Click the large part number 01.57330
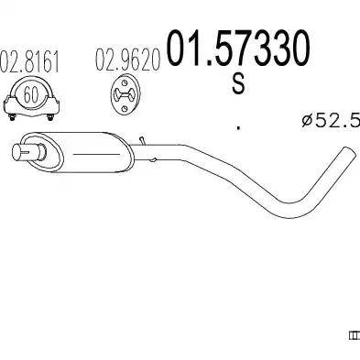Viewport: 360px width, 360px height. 237,49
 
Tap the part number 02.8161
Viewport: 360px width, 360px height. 29,61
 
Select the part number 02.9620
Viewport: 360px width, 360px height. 128,60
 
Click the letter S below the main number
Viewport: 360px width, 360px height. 238,84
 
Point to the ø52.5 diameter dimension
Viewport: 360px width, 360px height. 331,120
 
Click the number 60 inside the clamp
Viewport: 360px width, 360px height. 31,94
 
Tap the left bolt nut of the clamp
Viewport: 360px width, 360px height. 12,117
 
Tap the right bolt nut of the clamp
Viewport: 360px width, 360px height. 50,117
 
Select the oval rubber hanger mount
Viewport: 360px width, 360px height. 125,94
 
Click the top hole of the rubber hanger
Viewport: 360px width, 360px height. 124,82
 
